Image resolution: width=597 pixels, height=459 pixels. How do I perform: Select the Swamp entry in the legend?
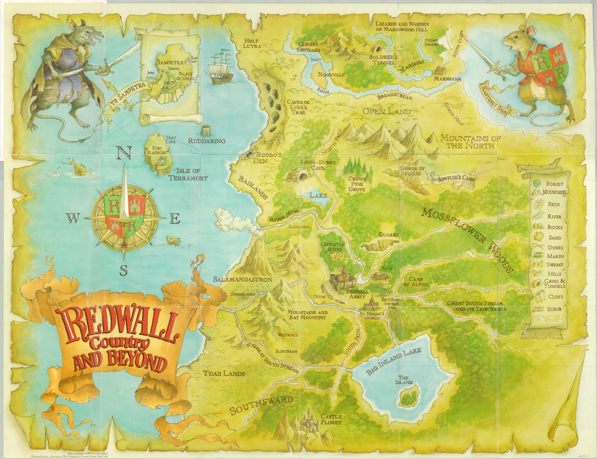pyautogui.click(x=555, y=265)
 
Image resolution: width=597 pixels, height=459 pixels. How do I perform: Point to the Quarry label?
pyautogui.click(x=389, y=235)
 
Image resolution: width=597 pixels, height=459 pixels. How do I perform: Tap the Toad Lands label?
pyautogui.click(x=224, y=373)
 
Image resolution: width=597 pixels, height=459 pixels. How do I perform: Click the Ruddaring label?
pyautogui.click(x=206, y=141)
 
